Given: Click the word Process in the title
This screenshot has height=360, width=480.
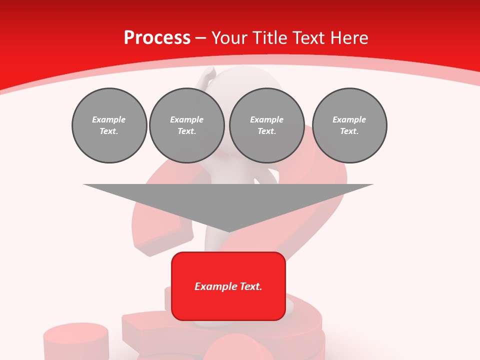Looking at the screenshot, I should [x=157, y=38].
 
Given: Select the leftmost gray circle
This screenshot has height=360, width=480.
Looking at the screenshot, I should [x=109, y=125].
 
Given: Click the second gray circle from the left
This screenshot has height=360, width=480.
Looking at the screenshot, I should [x=187, y=125].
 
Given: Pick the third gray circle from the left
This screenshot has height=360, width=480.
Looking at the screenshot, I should [x=266, y=125].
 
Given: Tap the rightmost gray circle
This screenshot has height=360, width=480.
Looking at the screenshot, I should [x=349, y=125].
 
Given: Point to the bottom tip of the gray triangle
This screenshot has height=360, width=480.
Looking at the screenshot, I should [x=228, y=230].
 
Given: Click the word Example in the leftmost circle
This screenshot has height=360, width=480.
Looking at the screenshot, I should [x=109, y=119].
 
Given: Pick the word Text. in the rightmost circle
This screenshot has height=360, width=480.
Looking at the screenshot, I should [x=349, y=131].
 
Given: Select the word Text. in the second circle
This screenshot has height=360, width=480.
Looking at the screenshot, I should [x=187, y=131].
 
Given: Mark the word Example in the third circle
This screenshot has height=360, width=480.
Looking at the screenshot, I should [x=266, y=119].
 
